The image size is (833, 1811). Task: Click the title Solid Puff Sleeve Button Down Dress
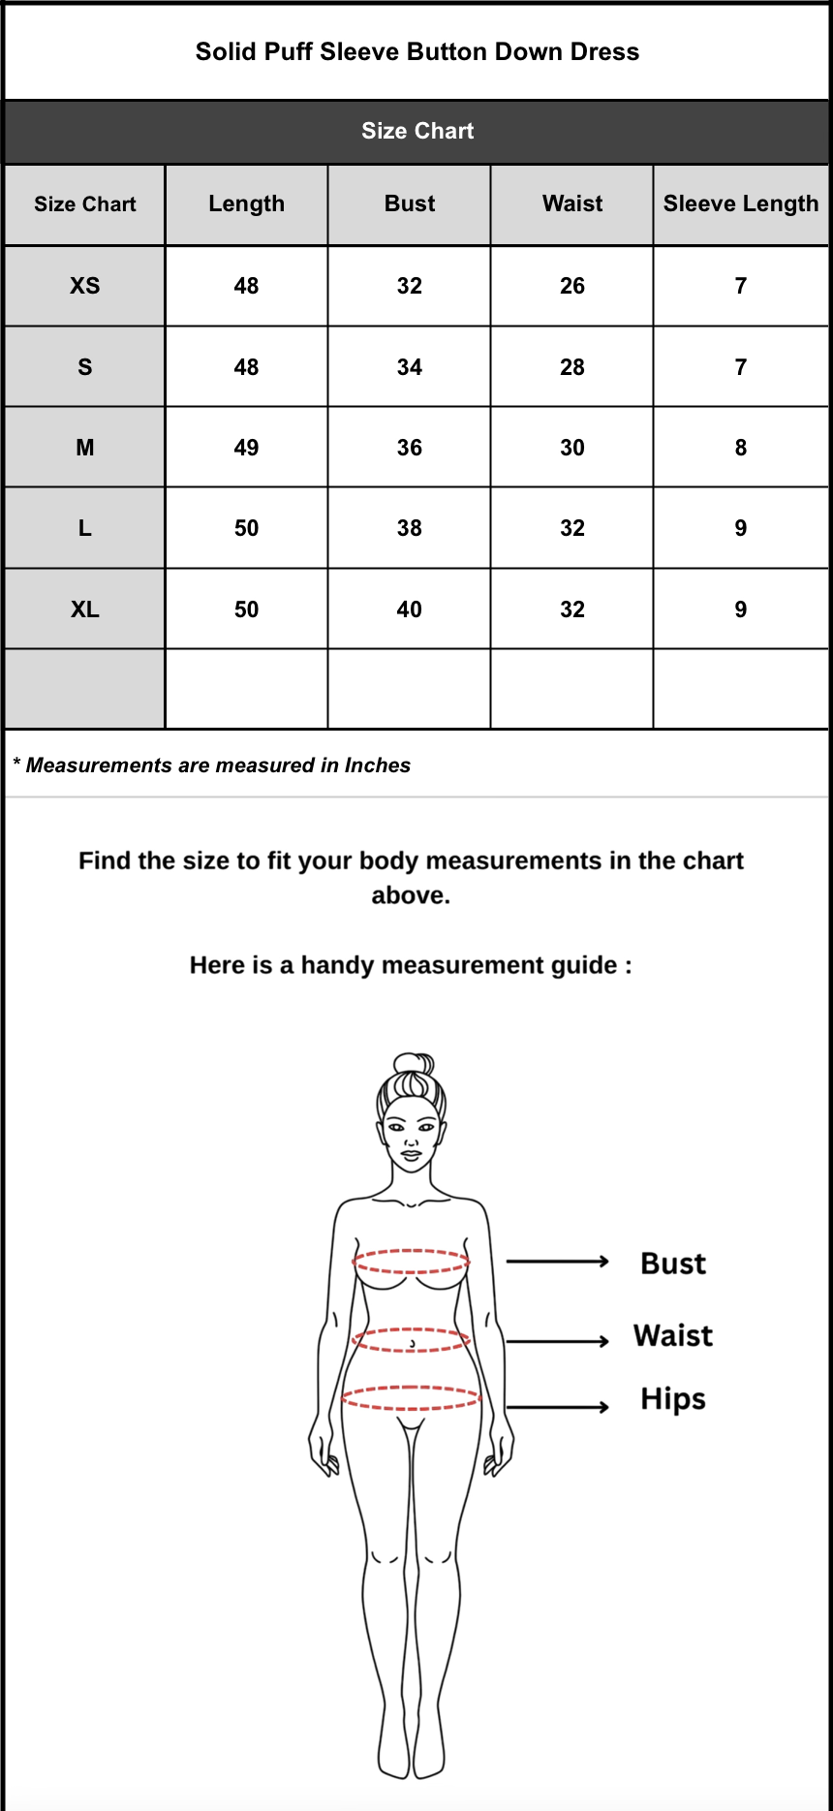click(x=417, y=51)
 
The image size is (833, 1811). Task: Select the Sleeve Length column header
click(x=741, y=203)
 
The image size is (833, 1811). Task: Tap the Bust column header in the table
click(x=410, y=203)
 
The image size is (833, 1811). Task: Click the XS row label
click(x=85, y=286)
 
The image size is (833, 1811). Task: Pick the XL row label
click(x=85, y=609)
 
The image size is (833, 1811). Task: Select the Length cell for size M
click(x=247, y=448)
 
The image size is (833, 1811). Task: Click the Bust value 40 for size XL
click(x=410, y=609)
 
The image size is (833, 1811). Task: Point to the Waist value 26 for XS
click(x=572, y=286)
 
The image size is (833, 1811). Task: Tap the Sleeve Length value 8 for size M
click(x=741, y=448)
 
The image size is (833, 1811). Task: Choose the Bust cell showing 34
click(x=410, y=367)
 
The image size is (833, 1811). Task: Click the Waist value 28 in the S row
click(x=572, y=367)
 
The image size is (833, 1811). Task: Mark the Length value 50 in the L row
click(x=247, y=528)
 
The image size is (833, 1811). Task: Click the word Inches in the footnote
click(x=378, y=765)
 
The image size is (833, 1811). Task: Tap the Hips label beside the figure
click(x=673, y=1399)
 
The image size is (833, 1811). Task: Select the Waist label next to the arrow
click(x=673, y=1335)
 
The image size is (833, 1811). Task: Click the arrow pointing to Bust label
click(x=558, y=1262)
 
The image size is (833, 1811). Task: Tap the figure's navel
click(x=413, y=1344)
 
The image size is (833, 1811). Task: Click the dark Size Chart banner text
click(x=417, y=131)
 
